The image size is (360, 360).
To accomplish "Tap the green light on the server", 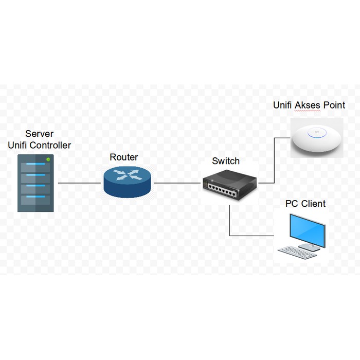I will pyautogui.click(x=48, y=160).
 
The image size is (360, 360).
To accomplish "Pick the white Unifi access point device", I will pyautogui.click(x=316, y=136).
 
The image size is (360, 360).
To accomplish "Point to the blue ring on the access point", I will pyautogui.click(x=315, y=134).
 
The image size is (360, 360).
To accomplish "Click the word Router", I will pyautogui.click(x=124, y=157).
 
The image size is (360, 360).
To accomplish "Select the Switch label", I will pyautogui.click(x=226, y=161).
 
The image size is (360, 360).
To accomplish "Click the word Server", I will pyautogui.click(x=40, y=134).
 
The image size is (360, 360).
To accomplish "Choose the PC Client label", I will pyautogui.click(x=305, y=204).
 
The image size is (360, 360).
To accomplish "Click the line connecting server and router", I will pyautogui.click(x=80, y=183).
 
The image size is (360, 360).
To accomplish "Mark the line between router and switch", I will pyautogui.click(x=177, y=183).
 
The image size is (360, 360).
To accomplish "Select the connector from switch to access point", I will pyautogui.click(x=275, y=159).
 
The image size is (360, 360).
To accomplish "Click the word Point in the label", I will pyautogui.click(x=334, y=105).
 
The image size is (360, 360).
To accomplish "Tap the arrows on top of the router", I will pyautogui.click(x=127, y=174).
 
